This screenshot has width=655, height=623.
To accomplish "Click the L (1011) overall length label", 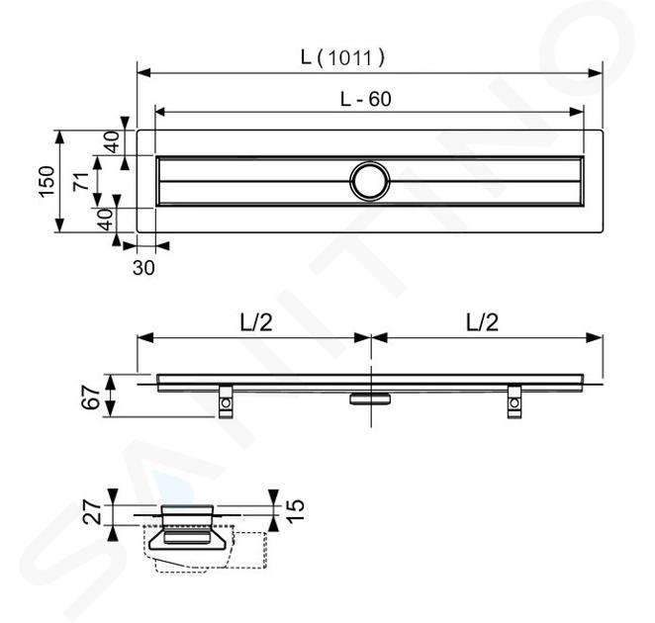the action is pos(342,57).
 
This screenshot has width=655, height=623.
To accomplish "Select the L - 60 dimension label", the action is pos(365,99).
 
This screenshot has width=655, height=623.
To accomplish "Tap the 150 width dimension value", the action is pos(47,181).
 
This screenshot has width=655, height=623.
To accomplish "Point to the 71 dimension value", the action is pos(81,181).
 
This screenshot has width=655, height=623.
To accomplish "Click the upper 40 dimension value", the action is pos(112,142).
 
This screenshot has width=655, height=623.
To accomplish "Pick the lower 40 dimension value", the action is pos(106,220).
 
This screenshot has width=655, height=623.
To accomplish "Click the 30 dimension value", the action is pos(143,268).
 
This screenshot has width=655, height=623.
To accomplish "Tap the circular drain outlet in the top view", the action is pos(370,181).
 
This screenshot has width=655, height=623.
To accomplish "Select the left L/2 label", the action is pos(256,322).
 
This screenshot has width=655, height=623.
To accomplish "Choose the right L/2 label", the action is pos(482,322).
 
